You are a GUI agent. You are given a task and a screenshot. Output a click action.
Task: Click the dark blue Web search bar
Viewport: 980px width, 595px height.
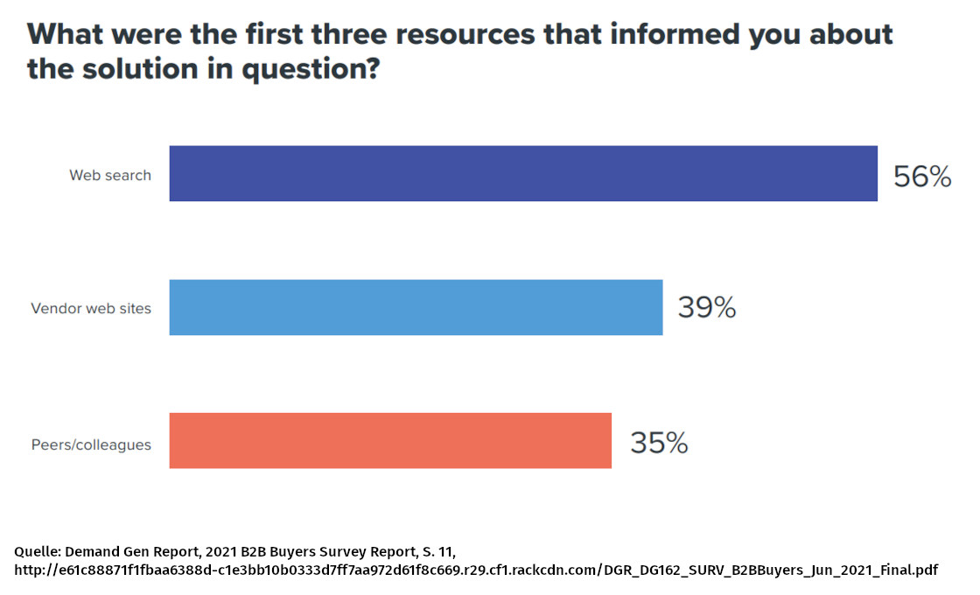pyautogui.click(x=523, y=174)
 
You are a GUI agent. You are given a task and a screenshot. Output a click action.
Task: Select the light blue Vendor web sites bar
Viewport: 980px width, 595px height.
pyautogui.click(x=416, y=307)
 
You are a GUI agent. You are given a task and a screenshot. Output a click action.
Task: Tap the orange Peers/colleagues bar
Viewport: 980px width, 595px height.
pyautogui.click(x=390, y=440)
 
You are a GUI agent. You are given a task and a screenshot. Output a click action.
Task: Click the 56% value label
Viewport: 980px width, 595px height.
pyautogui.click(x=921, y=177)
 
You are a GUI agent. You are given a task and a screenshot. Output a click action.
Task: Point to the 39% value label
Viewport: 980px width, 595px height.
pyautogui.click(x=706, y=308)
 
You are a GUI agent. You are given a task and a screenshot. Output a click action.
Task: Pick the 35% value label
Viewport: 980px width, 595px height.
pyautogui.click(x=659, y=443)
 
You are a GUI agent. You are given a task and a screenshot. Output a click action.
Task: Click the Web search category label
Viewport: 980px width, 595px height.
pyautogui.click(x=110, y=175)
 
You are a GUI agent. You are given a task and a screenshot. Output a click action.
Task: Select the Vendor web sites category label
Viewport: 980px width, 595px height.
pyautogui.click(x=91, y=308)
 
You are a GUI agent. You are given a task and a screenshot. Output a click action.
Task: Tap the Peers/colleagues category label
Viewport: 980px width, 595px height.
pyautogui.click(x=91, y=444)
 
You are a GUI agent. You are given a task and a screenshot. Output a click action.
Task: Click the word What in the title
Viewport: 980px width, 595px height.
pyautogui.click(x=66, y=35)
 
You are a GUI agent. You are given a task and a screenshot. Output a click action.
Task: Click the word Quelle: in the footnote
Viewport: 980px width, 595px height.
pyautogui.click(x=38, y=551)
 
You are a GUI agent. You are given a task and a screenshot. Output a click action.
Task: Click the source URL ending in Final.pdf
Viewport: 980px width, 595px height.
pyautogui.click(x=476, y=570)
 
